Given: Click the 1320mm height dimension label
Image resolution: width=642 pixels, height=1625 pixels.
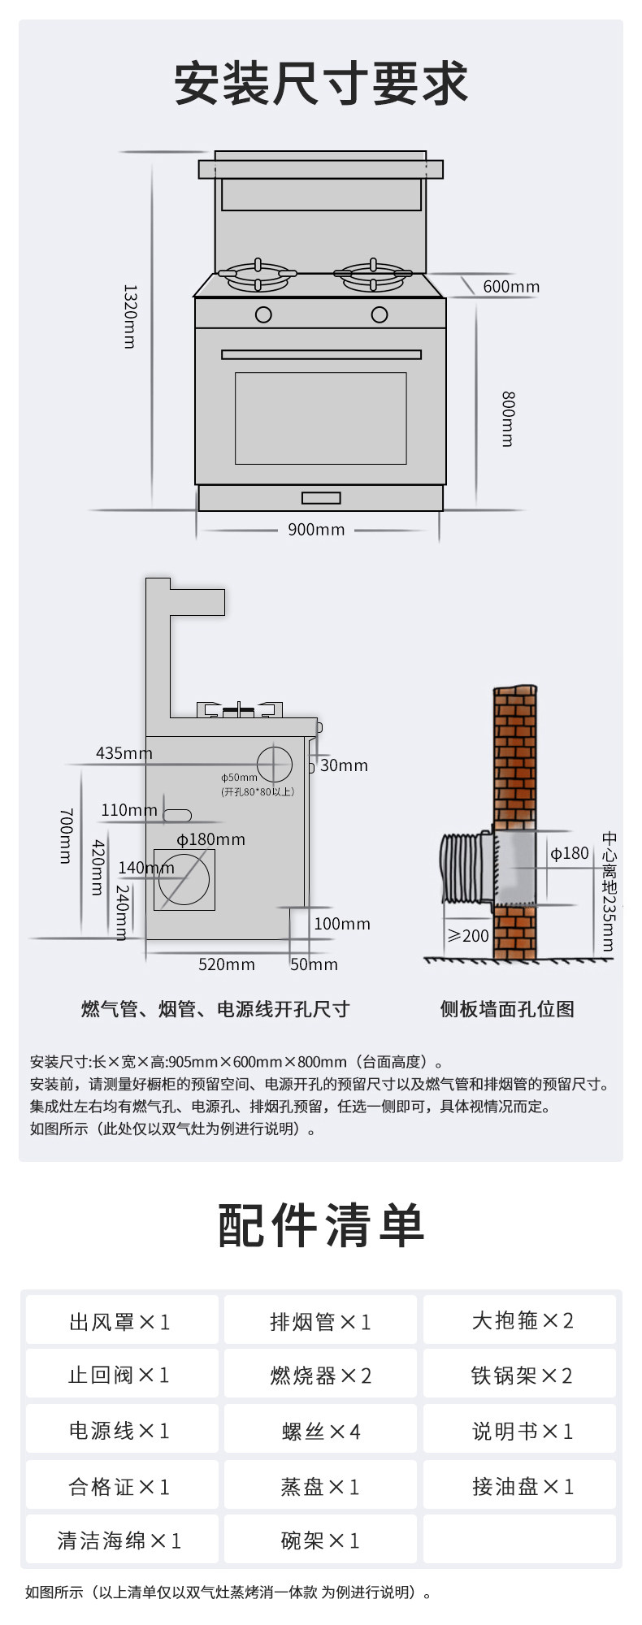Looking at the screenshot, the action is point(129,316).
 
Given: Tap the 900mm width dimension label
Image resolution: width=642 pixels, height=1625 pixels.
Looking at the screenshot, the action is point(316,530).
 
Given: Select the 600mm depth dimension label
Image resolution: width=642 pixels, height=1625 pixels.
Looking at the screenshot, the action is point(511,286).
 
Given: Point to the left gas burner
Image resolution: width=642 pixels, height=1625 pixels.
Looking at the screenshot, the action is point(258,275).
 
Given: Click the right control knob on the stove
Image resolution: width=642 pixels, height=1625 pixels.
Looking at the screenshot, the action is point(380,314).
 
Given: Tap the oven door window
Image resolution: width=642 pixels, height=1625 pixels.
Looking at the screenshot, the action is point(321,418).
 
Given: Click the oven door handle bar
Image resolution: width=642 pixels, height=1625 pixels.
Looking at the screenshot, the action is point(321,354).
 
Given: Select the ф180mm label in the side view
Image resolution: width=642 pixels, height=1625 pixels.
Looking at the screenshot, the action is point(211,839).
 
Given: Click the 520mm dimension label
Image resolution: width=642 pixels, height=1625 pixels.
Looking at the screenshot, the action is point(227,964).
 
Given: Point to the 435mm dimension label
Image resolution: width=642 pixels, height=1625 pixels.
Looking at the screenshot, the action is point(124,753).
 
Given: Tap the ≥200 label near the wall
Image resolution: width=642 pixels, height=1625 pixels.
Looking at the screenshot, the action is point(468,936).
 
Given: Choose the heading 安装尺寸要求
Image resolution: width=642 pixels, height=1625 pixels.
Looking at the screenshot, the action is point(321,83).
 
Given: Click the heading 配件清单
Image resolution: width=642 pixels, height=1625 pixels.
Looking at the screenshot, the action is point(321,1225).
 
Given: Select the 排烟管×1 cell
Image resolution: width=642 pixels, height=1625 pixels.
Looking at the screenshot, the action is point(320,1322).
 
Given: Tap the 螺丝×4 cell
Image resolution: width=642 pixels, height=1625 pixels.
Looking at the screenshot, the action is point(320,1432).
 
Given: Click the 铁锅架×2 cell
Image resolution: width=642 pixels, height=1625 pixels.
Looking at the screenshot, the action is point(521,1376).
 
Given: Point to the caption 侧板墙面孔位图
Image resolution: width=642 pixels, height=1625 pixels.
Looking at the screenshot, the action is point(507,1009).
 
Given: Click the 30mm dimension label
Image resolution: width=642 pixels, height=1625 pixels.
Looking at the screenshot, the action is point(344,765).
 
